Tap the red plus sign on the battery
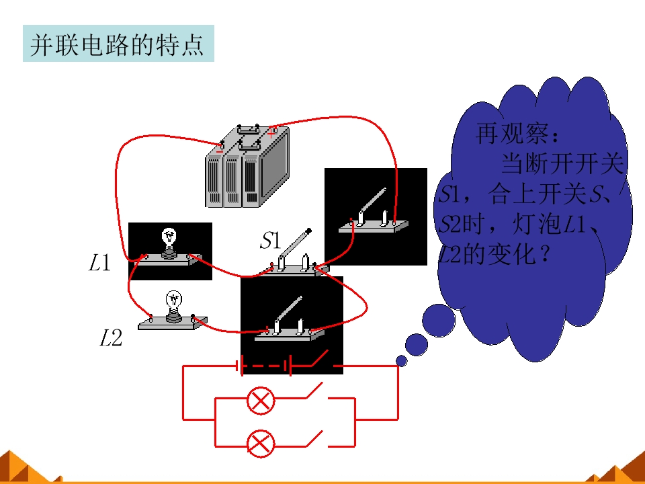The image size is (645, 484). (271, 133)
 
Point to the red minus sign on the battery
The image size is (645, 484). (220, 151)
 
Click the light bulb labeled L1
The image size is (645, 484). (169, 243)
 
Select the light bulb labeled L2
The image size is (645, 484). (173, 307)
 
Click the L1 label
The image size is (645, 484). (100, 263)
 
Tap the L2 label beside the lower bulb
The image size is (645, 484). (111, 338)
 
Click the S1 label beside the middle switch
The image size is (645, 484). (271, 241)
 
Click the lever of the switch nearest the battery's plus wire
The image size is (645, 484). (373, 201)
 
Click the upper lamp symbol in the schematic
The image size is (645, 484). (261, 400)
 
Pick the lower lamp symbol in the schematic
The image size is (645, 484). (261, 444)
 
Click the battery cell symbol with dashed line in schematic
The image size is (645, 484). (264, 366)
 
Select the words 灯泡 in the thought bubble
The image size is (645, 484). (538, 225)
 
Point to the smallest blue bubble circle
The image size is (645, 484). (402, 361)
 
